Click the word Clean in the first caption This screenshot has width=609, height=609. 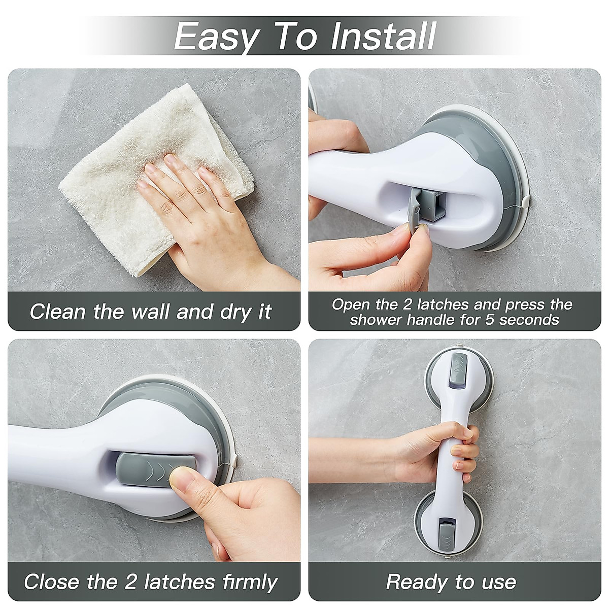coord(57,311)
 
